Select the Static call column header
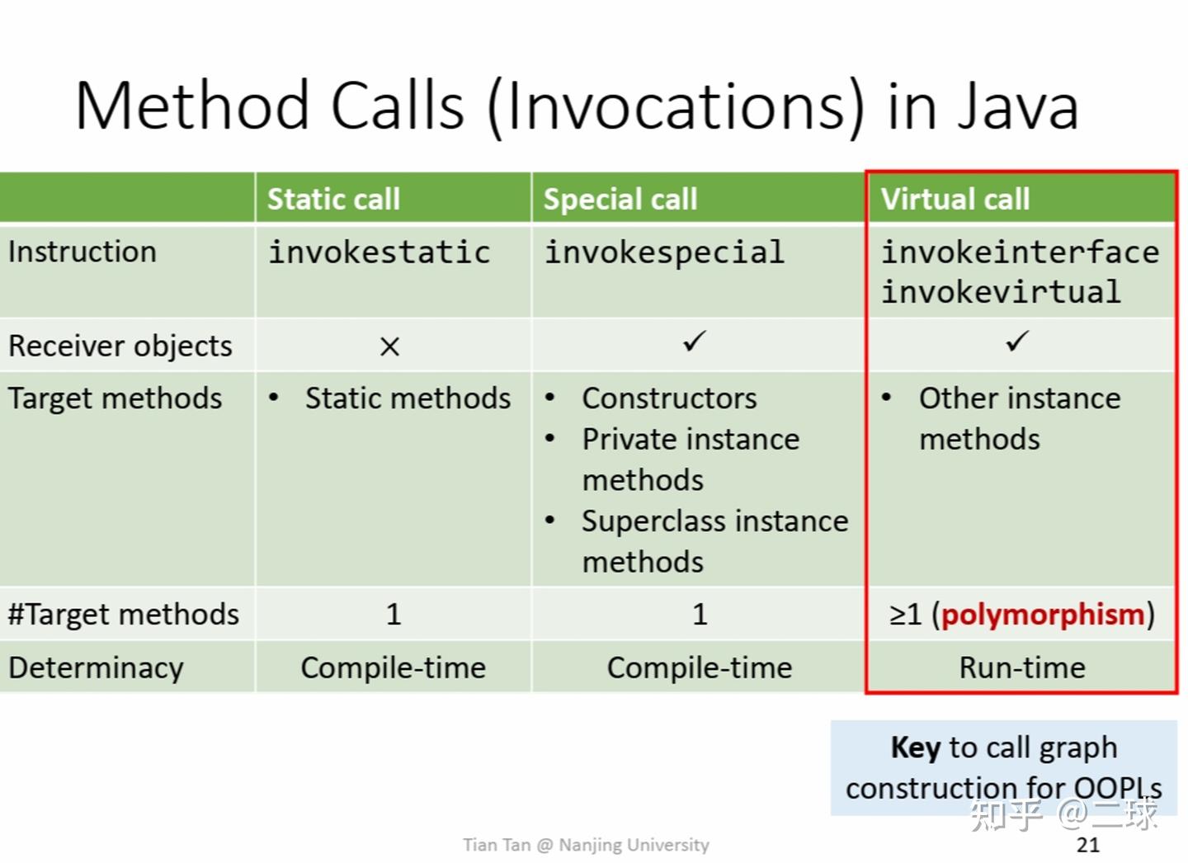coord(333,199)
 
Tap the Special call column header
coord(620,200)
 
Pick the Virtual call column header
coord(955,199)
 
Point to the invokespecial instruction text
coord(665,252)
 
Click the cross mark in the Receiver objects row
coord(389,347)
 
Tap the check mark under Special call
coord(695,341)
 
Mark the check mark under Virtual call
coord(1018,341)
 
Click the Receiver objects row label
coord(120,347)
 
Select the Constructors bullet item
coord(669,398)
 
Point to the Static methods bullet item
coord(408,398)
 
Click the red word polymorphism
coord(1043,615)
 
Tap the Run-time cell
coord(1022,667)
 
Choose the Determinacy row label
coord(96,668)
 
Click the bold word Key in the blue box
coord(916,747)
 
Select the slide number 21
coord(1088,844)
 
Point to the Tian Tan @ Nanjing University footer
coord(586,844)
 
